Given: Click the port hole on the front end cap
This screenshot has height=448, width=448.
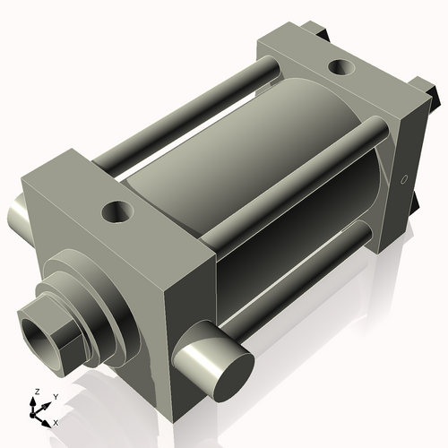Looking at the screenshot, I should [117, 212].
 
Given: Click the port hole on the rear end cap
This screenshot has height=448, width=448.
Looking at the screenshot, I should [340, 66].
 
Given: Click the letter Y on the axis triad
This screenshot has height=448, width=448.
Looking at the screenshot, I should [55, 396].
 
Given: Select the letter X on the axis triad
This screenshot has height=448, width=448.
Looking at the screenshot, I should [56, 421].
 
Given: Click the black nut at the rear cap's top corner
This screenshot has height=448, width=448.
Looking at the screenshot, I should [318, 31].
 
